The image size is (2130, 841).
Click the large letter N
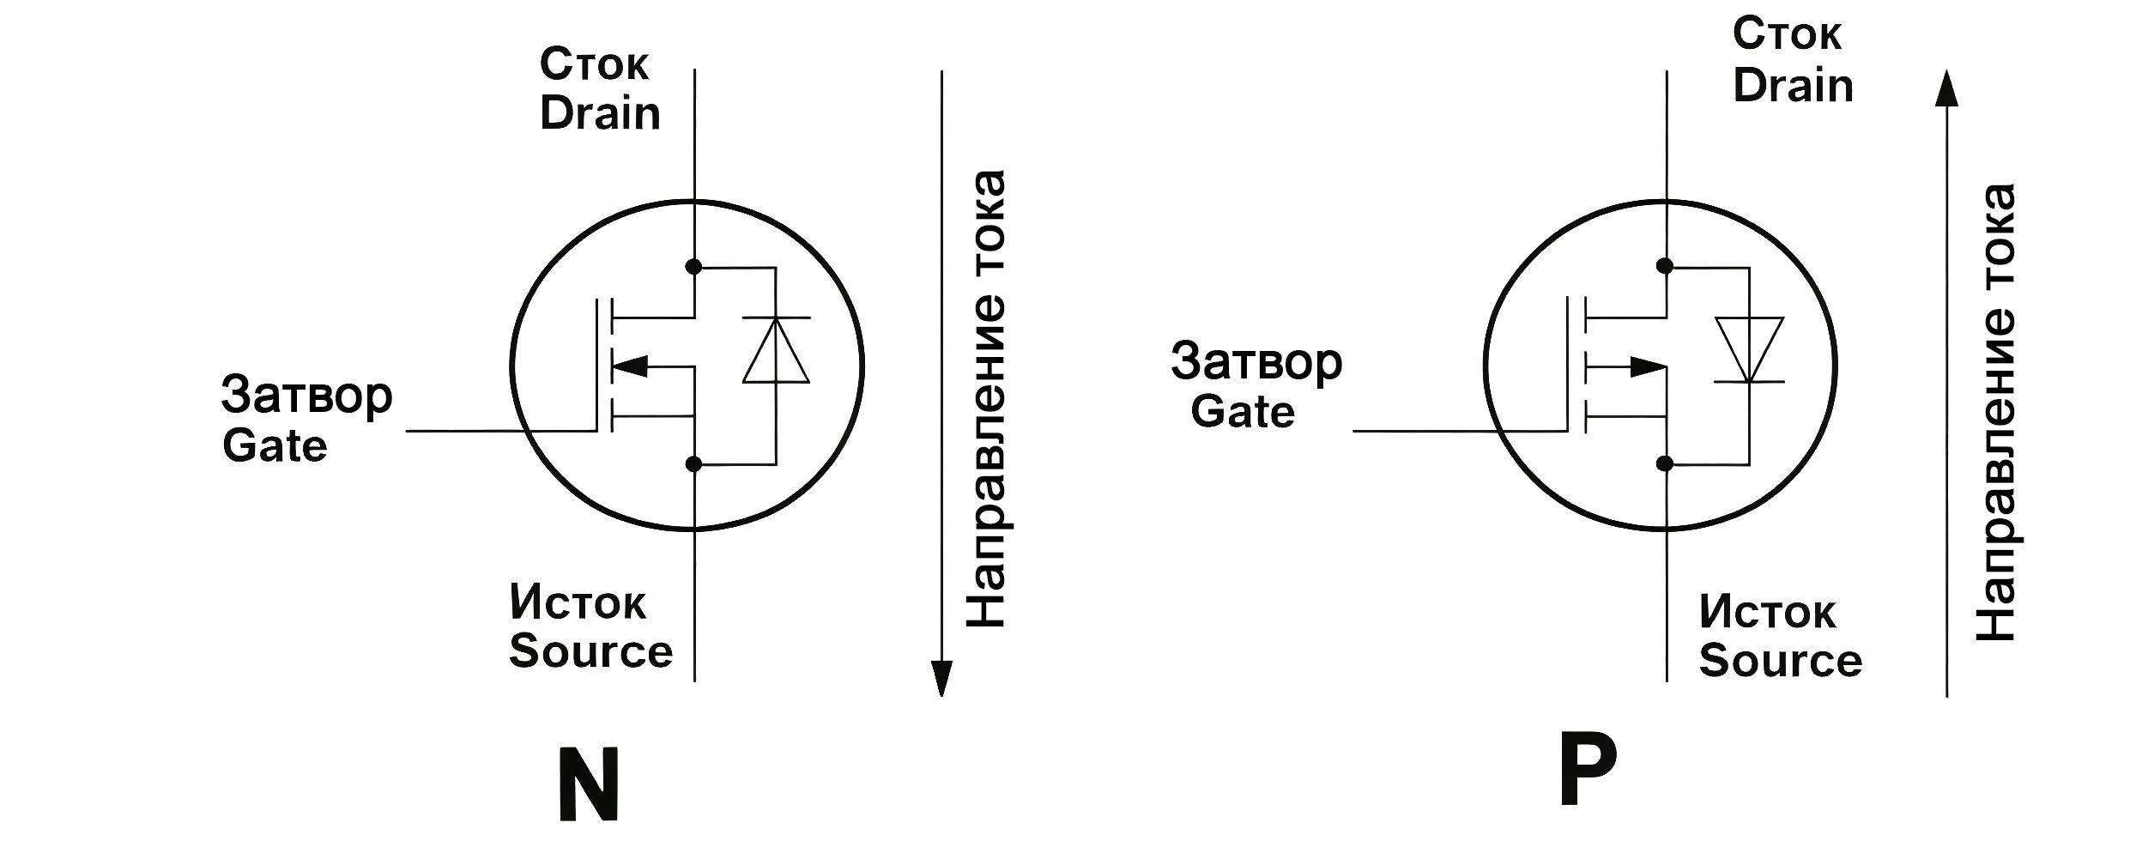click(x=590, y=784)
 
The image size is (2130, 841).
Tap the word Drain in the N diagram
click(x=600, y=113)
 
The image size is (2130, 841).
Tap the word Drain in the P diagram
click(x=1793, y=86)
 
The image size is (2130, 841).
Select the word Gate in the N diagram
click(x=275, y=446)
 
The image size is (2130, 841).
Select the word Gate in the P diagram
click(x=1243, y=412)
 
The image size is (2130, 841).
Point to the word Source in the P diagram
click(x=1781, y=660)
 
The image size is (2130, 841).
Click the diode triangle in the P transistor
click(x=1749, y=348)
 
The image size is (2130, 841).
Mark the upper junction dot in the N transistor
click(x=694, y=267)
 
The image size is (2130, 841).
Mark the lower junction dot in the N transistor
click(x=694, y=464)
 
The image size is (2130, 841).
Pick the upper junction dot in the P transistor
click(x=1665, y=266)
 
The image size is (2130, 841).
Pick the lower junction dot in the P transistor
click(x=1665, y=464)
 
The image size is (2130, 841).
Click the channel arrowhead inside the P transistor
click(x=1648, y=367)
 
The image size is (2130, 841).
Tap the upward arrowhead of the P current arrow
click(x=1946, y=89)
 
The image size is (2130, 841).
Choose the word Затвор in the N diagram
click(x=306, y=396)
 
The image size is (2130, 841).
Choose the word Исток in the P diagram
click(x=1767, y=613)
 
